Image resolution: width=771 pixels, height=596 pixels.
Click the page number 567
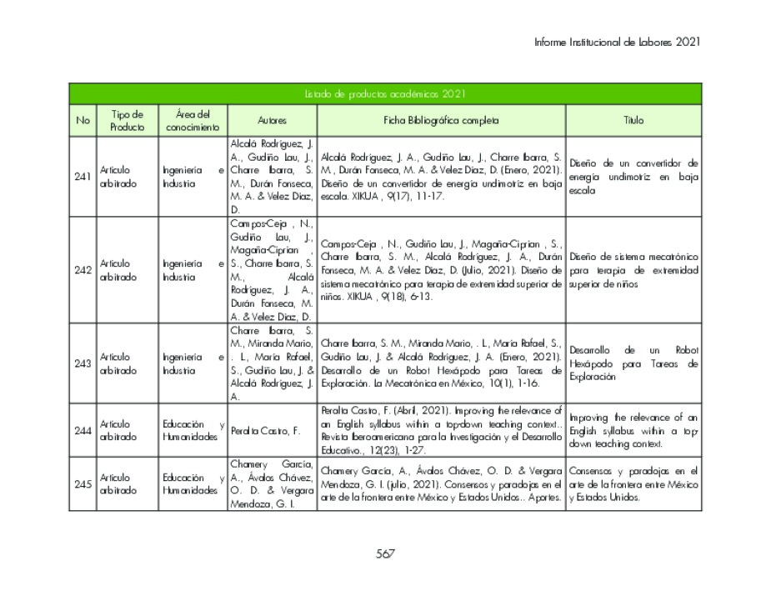(x=384, y=553)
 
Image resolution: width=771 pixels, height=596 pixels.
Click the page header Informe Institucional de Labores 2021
(x=617, y=42)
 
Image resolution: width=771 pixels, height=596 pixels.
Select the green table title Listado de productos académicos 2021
(x=384, y=94)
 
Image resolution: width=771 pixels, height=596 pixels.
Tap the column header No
(x=83, y=121)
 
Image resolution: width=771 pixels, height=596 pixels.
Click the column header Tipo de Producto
(x=127, y=121)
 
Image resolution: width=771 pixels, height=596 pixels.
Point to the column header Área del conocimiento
(x=193, y=121)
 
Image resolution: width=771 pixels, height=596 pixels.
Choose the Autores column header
(x=272, y=121)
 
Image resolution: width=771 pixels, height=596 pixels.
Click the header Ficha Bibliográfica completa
(x=441, y=121)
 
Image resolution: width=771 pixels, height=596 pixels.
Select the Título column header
(x=633, y=121)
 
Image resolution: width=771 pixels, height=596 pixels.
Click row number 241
(x=83, y=177)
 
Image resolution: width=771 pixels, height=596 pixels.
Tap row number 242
(x=83, y=270)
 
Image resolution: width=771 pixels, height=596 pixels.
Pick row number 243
(x=83, y=363)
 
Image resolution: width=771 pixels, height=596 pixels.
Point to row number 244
(x=83, y=430)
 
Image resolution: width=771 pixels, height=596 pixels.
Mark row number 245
(x=83, y=484)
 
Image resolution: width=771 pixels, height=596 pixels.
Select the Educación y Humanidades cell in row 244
(x=193, y=430)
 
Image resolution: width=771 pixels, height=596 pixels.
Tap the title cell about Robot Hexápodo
(x=633, y=363)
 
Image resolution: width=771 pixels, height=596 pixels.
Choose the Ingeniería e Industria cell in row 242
(x=193, y=270)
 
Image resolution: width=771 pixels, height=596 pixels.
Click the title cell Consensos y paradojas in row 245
(x=633, y=484)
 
